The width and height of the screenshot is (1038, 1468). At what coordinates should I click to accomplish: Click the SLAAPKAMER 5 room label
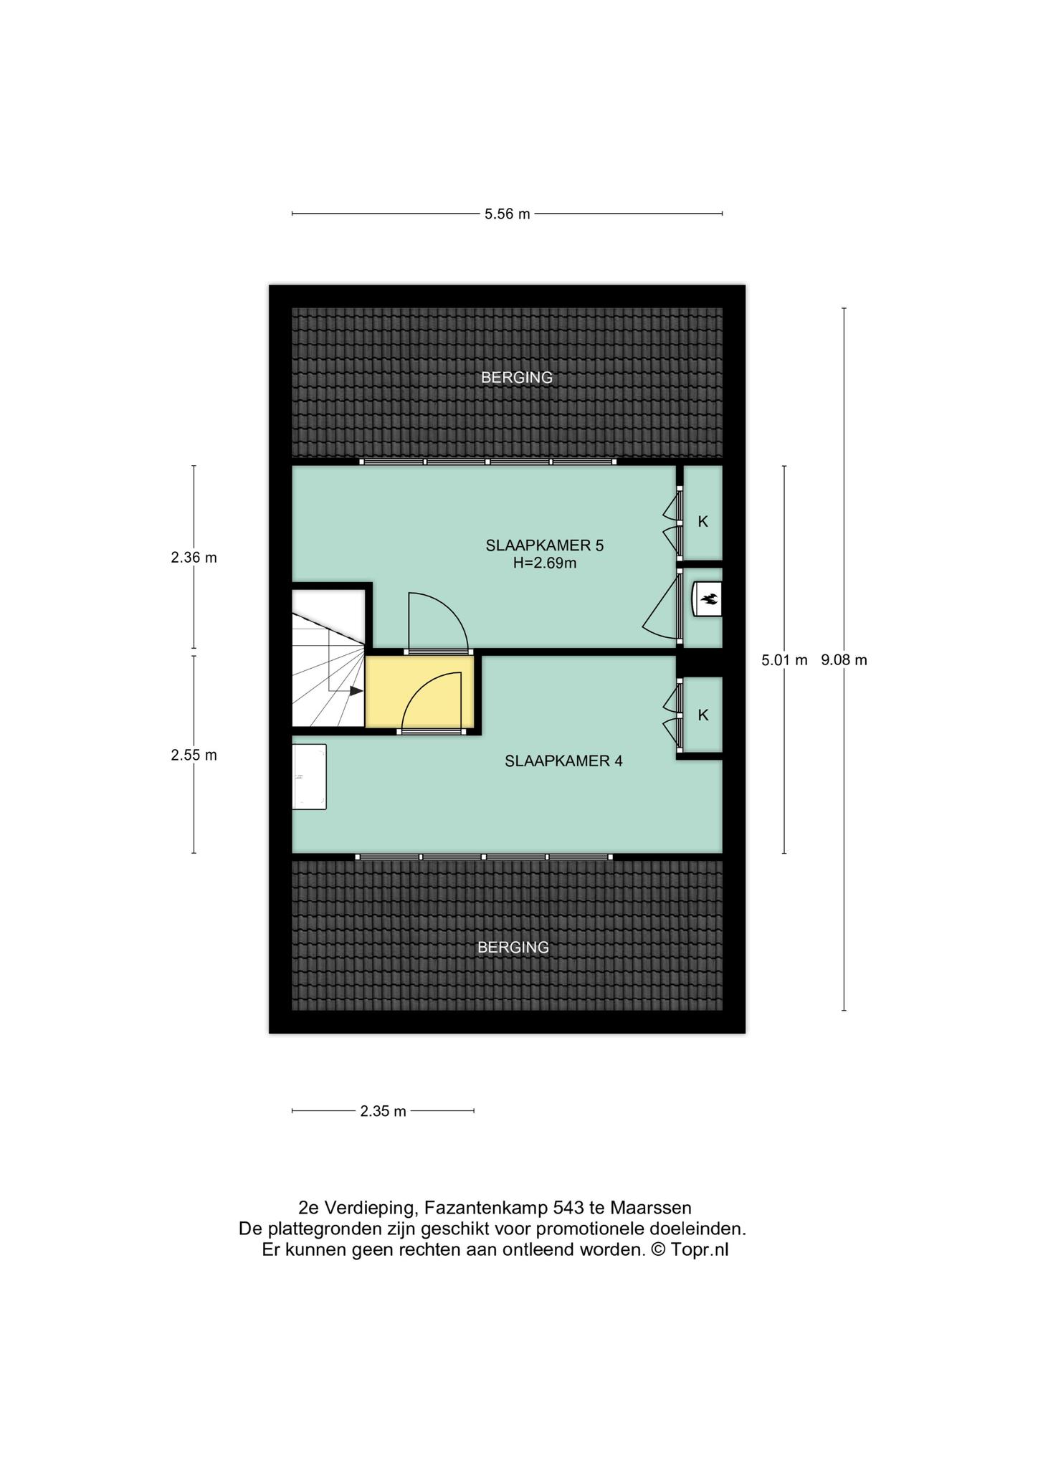click(x=545, y=545)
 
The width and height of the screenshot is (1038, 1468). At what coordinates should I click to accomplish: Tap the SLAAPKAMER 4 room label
click(x=563, y=761)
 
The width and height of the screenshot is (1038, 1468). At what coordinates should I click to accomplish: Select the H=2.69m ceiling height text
click(x=545, y=563)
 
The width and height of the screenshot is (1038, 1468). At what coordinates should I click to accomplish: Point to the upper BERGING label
click(x=517, y=377)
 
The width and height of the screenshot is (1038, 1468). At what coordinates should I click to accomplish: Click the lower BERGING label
click(x=513, y=947)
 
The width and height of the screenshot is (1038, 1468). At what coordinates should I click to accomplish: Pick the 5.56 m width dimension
click(x=508, y=214)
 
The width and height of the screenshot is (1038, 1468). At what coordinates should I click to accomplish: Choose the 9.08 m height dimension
click(x=844, y=660)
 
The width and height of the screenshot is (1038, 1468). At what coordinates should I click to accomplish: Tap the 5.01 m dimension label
click(x=784, y=660)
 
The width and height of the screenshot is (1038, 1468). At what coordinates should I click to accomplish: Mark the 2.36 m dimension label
click(x=194, y=557)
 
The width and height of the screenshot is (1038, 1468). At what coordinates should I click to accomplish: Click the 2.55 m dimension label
click(x=194, y=755)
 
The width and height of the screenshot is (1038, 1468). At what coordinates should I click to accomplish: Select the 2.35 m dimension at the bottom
click(x=384, y=1111)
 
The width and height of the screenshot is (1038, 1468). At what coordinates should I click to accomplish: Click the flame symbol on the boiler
click(x=710, y=599)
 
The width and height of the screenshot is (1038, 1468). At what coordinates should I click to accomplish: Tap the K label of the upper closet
click(x=703, y=522)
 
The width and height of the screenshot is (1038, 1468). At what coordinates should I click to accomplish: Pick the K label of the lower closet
click(x=703, y=715)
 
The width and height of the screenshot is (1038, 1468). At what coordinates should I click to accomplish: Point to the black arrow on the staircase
click(x=356, y=691)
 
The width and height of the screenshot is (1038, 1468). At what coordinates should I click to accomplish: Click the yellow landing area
click(x=420, y=692)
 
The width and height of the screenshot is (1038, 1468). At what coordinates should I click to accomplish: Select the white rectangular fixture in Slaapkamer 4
click(x=309, y=777)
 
